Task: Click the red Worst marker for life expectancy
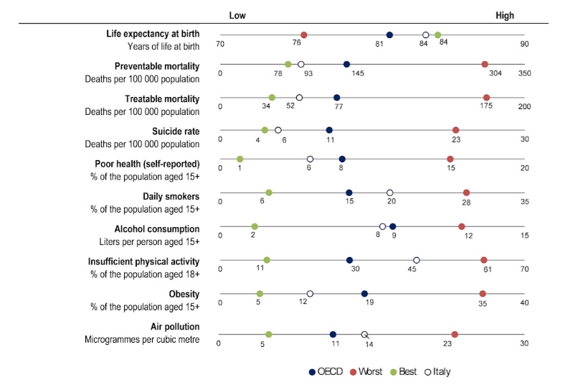click(304, 34)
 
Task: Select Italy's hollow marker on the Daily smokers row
click(390, 192)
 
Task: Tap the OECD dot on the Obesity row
click(364, 293)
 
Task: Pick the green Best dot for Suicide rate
click(265, 130)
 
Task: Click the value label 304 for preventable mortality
click(495, 74)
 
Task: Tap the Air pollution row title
click(173, 326)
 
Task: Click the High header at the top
click(504, 16)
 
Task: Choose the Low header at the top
click(238, 16)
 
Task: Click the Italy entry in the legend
click(436, 371)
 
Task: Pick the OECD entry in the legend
click(326, 371)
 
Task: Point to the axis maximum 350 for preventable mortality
click(524, 74)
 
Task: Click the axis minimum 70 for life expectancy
click(220, 45)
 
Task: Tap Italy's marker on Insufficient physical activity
click(417, 260)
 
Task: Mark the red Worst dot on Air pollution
click(455, 334)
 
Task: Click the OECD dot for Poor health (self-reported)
click(342, 159)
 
